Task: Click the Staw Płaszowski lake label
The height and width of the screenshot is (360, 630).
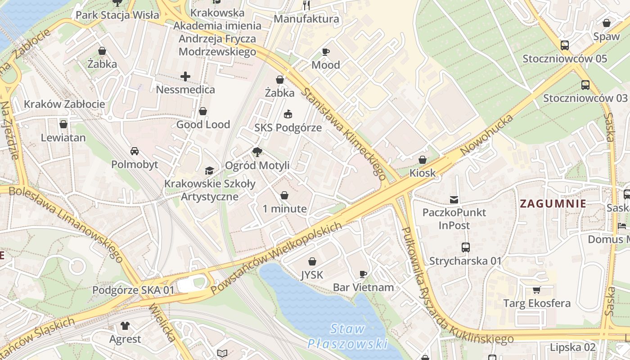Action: coord(347,336)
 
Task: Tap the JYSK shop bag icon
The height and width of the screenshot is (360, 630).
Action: coord(312,261)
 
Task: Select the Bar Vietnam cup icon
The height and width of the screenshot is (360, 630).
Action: coord(363,274)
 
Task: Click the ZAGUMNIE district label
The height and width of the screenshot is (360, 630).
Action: coord(553,203)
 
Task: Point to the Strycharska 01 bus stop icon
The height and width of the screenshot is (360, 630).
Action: coord(465,247)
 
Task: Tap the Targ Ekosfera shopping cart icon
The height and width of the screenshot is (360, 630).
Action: coord(536,290)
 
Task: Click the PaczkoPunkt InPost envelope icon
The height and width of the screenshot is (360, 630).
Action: coord(454,199)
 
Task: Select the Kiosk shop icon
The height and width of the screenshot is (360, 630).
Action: coord(423,160)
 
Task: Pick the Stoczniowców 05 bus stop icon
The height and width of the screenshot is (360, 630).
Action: coord(564,45)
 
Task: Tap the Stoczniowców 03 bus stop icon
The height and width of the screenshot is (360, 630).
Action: coord(585,85)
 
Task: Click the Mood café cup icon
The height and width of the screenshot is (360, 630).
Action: coord(326,52)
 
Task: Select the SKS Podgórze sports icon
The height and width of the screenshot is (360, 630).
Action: coord(288,114)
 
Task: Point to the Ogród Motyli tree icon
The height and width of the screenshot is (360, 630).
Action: coord(257,152)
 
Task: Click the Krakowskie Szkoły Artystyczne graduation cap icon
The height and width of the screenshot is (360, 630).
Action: coord(209,170)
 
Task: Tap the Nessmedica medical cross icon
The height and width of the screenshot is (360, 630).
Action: coord(185,76)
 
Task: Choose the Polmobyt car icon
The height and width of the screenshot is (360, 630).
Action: coord(134,151)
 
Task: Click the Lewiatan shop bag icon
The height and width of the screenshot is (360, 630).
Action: coord(63,124)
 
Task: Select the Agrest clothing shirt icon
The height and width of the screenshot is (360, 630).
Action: coord(125,325)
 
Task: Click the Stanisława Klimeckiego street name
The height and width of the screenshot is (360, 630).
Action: coord(344,134)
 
